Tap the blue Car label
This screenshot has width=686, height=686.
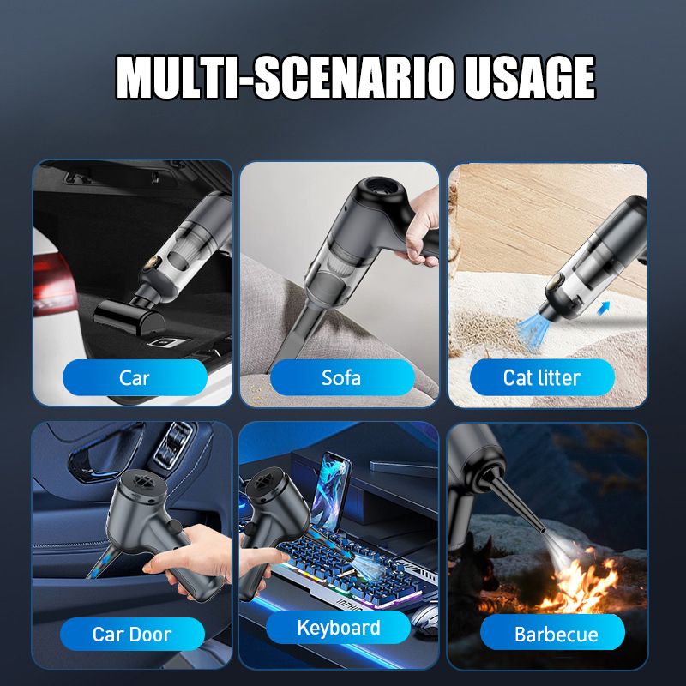134,377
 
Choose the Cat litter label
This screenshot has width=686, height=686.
542,377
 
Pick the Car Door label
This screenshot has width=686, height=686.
132,635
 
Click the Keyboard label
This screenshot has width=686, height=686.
339,628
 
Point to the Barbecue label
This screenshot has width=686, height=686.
556,635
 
